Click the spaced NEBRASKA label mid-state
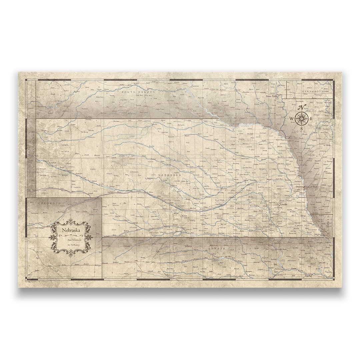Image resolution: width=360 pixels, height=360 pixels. coord(170,174)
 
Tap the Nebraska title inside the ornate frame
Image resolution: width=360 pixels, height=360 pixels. coord(70,231)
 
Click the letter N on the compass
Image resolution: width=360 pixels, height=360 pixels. coord(302,107)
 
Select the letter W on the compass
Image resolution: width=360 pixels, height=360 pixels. coord(291,118)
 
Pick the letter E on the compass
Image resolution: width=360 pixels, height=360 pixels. coord(311,118)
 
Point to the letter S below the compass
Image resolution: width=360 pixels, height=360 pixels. coord(301,128)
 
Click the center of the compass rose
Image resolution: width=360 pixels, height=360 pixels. coord(301,118)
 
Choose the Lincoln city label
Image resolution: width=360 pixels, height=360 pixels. coord(284,204)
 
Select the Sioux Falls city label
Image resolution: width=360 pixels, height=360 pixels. coord(271,96)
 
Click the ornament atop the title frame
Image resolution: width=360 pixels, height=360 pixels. coord(70,221)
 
